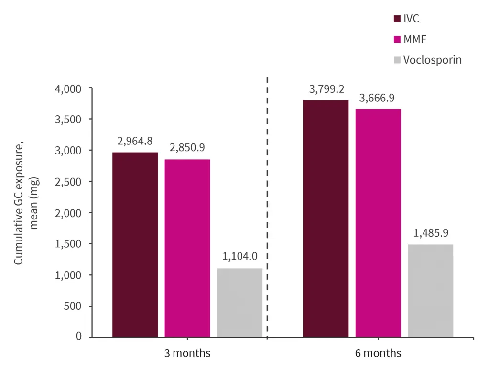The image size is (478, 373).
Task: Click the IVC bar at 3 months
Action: click(x=135, y=244)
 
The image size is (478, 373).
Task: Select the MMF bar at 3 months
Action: click(x=187, y=248)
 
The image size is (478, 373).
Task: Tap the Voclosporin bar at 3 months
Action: click(x=239, y=303)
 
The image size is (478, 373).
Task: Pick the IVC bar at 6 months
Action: click(x=326, y=219)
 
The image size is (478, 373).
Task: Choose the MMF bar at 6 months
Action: click(x=378, y=223)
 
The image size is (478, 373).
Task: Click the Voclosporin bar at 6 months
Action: click(x=430, y=291)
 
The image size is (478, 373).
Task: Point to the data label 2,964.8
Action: click(x=135, y=142)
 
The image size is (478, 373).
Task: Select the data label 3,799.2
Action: click(x=326, y=89)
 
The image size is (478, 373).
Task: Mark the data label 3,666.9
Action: click(x=378, y=98)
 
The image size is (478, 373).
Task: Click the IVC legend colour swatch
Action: click(x=397, y=19)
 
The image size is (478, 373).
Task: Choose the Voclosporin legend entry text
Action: click(x=432, y=60)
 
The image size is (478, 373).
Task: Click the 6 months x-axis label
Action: click(x=378, y=354)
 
